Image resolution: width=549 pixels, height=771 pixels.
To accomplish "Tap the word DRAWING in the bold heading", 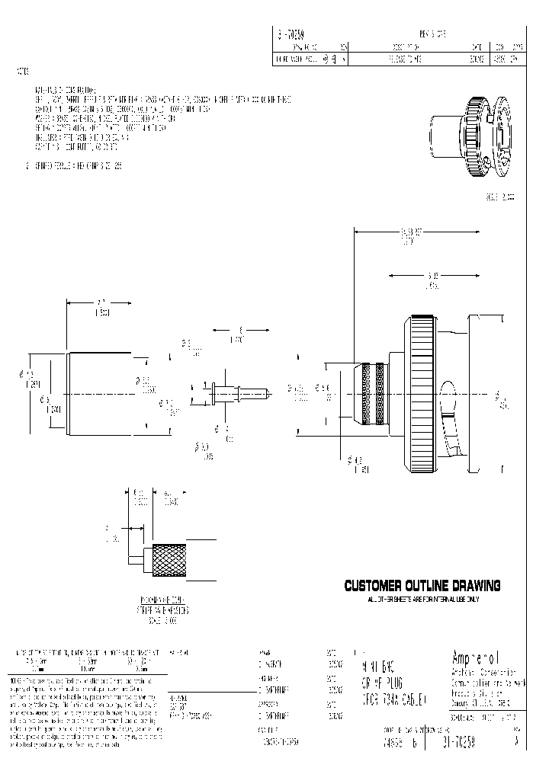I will coord(472,586).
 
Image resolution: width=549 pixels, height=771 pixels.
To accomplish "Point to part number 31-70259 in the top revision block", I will coord(289,34).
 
